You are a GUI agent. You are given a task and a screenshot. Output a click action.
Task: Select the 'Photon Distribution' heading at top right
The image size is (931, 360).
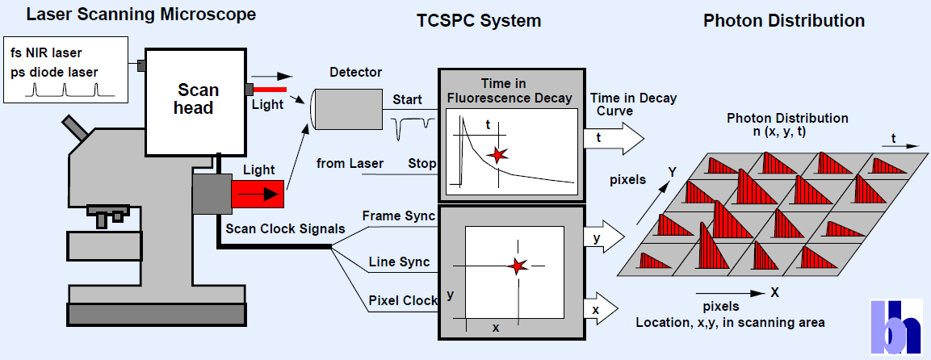pyautogui.click(x=783, y=20)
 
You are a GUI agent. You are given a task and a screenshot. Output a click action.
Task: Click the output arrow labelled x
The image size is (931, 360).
pyautogui.click(x=599, y=308)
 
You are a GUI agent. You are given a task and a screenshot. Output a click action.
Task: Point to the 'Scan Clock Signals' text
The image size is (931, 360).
pyautogui.click(x=285, y=228)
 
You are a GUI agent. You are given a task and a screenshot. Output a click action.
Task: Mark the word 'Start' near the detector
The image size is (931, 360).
pyautogui.click(x=407, y=100)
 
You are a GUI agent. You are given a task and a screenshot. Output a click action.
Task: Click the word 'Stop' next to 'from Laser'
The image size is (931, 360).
pyautogui.click(x=422, y=164)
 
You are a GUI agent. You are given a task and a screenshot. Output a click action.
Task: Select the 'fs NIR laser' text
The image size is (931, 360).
pyautogui.click(x=48, y=52)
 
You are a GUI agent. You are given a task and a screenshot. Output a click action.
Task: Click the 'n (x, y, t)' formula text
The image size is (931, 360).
pyautogui.click(x=786, y=132)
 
